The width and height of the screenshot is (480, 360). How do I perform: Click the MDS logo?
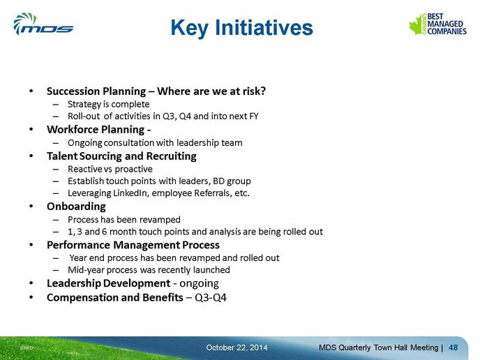pos(43,24)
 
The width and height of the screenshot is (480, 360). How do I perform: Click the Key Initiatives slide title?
pos(241,28)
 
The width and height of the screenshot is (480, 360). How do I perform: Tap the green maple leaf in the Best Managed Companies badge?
pos(417,25)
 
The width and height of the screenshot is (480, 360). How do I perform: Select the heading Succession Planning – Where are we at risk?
pos(156,91)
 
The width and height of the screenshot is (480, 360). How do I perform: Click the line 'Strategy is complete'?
pos(108,105)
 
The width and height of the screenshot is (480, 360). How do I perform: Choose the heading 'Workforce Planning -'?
pos(98,130)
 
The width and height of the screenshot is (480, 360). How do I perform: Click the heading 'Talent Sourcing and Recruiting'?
pos(121,156)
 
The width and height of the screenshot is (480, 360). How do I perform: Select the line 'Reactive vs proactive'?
pos(110,169)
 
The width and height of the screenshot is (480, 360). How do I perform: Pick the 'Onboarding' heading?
pos(76,207)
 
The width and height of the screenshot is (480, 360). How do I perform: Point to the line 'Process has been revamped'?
pos(124,220)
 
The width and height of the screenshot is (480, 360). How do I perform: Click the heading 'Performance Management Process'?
pos(133,245)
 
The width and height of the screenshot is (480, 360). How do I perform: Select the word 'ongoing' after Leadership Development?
pos(199,284)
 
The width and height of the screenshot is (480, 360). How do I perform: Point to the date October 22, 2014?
pos(237,347)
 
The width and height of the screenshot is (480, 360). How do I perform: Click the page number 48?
pos(453,347)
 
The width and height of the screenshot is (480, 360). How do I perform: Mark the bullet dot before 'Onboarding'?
pos(31,207)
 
